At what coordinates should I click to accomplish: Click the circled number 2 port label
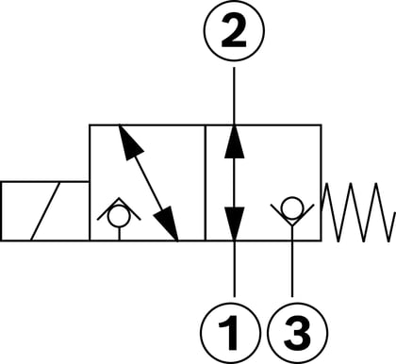[235, 30]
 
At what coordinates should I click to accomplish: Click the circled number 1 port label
[231, 333]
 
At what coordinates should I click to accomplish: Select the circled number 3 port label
[297, 333]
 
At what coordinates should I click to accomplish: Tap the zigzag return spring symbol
[359, 212]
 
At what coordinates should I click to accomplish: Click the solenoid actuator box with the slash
[45, 211]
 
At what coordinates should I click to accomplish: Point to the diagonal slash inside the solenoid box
[45, 211]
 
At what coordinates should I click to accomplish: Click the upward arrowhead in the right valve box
[235, 141]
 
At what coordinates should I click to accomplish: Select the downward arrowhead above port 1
[235, 223]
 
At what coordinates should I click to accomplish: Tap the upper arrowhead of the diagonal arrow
[130, 142]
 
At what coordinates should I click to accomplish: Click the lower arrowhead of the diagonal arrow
[167, 223]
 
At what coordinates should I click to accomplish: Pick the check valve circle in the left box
[119, 216]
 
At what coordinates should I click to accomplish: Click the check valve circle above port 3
[292, 207]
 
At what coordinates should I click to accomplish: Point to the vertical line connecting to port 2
[234, 96]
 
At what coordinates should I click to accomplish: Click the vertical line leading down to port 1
[234, 269]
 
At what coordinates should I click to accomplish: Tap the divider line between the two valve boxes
[205, 183]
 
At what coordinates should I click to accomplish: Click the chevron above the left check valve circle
[119, 208]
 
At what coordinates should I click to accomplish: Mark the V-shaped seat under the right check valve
[292, 216]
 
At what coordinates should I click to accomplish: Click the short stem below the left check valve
[119, 234]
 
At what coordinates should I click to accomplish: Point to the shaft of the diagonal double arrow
[148, 183]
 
